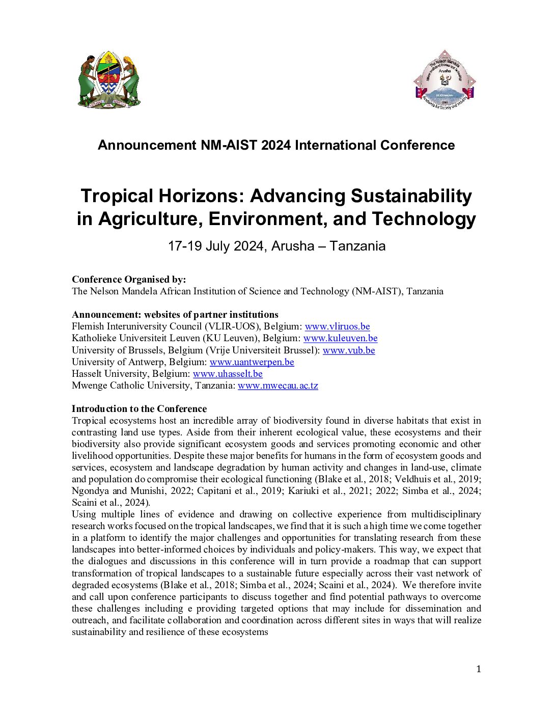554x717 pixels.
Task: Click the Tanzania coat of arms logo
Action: coord(109,80)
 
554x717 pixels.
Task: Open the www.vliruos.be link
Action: coord(337,326)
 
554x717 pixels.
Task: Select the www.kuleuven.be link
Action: coord(340,338)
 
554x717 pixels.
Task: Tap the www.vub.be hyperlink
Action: coord(349,350)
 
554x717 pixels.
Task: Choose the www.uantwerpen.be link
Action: coord(252,362)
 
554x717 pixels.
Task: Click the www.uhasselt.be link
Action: coord(228,374)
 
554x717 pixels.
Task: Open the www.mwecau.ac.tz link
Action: coord(278,385)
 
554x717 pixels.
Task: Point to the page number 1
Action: coord(478,669)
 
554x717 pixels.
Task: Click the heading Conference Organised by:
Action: coord(129,280)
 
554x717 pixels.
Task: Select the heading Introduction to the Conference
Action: coord(139,409)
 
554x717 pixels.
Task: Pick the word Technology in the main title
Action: coord(424,219)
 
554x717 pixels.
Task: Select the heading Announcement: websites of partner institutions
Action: coord(175,315)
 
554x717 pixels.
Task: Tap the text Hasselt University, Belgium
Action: coord(131,374)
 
